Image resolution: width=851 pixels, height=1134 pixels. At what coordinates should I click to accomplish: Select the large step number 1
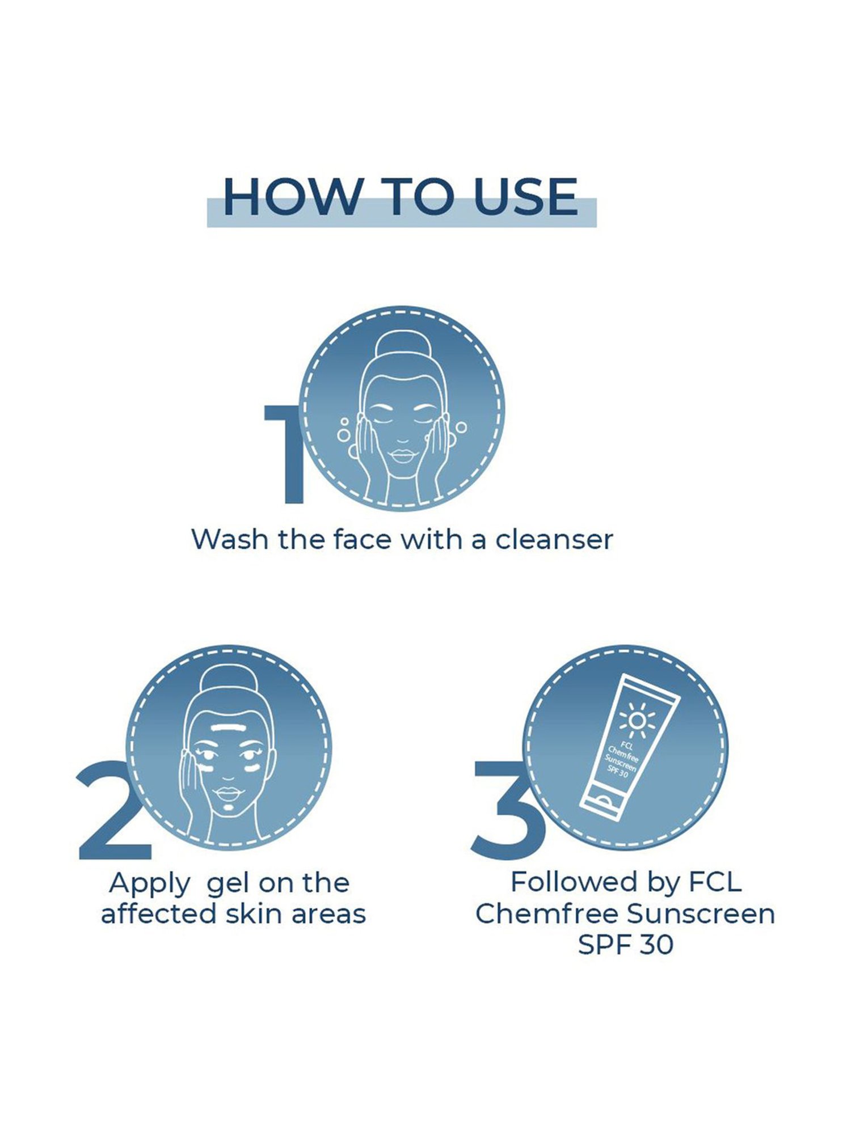tap(286, 454)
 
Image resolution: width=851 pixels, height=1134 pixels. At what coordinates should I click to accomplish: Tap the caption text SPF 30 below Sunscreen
tap(625, 945)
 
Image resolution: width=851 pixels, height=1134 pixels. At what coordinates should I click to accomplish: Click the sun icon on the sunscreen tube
tap(637, 720)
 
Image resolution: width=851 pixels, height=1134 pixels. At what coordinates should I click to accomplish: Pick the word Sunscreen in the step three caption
tap(701, 913)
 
